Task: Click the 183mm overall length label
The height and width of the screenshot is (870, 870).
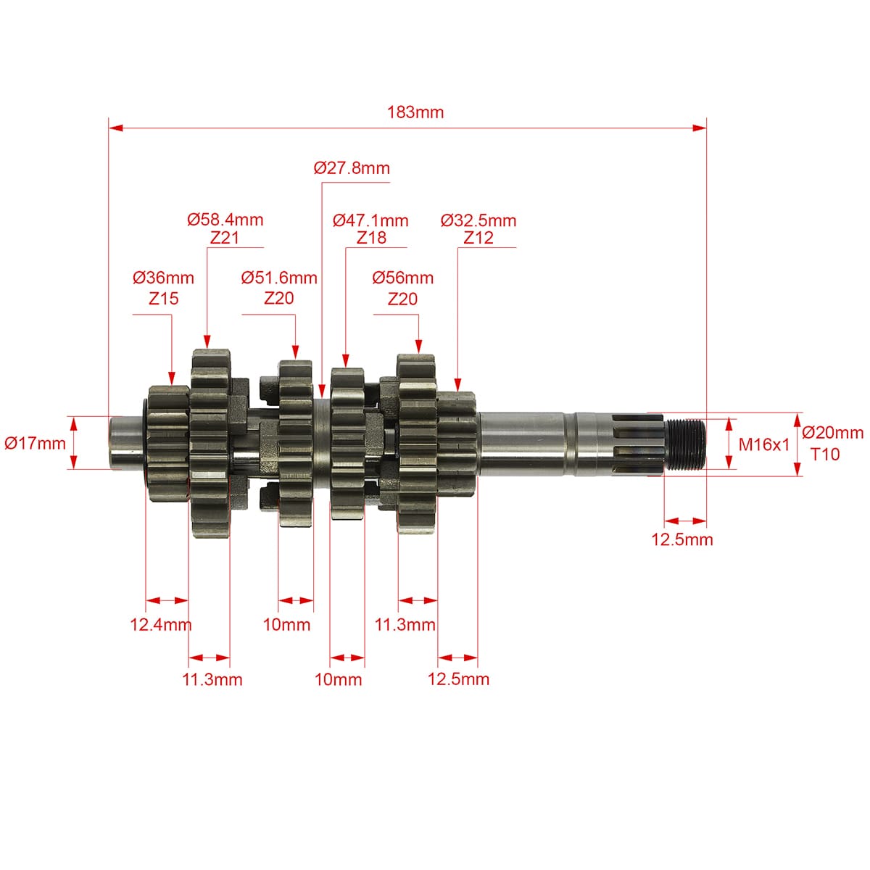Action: (x=415, y=112)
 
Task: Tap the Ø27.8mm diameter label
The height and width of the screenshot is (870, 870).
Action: (x=352, y=168)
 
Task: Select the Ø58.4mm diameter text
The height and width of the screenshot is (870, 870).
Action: (x=225, y=220)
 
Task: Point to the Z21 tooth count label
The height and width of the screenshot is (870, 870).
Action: (x=224, y=238)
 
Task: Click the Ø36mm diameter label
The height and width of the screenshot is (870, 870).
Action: (x=163, y=278)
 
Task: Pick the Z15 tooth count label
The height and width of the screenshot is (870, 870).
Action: (x=163, y=299)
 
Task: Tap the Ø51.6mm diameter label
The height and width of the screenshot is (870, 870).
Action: (x=279, y=278)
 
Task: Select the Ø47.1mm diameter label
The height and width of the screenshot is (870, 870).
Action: (x=370, y=221)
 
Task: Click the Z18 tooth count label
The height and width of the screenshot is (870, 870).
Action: (x=372, y=238)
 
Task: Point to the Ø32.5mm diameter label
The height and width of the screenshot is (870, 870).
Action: (x=478, y=221)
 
